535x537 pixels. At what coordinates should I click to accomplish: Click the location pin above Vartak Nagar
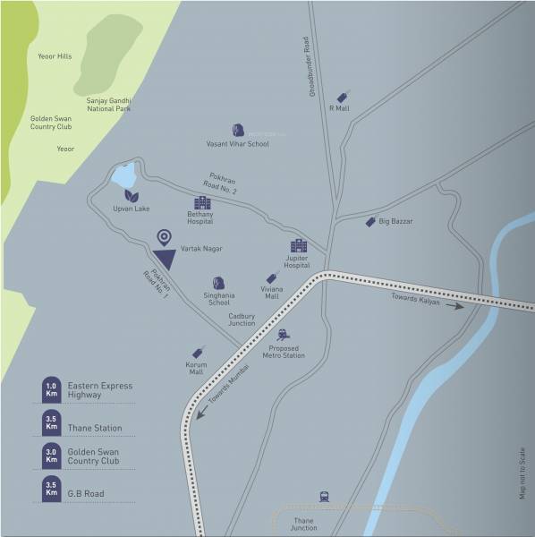164,237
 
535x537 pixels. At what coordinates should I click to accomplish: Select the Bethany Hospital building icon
202,203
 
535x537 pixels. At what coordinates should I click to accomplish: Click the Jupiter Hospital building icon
298,246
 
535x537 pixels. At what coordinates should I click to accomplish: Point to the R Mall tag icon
342,98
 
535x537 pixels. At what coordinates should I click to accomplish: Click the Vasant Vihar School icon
238,131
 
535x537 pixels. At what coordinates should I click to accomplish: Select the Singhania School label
218,298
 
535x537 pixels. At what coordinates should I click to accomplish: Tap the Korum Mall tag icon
197,353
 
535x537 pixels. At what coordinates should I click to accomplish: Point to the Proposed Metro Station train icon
284,335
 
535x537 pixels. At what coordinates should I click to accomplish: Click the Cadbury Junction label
242,320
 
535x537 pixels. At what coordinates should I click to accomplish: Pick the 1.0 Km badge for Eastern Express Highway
51,389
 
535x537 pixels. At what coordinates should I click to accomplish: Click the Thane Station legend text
95,429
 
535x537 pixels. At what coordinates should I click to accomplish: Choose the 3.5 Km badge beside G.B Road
51,489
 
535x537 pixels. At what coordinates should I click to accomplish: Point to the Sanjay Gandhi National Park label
109,105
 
